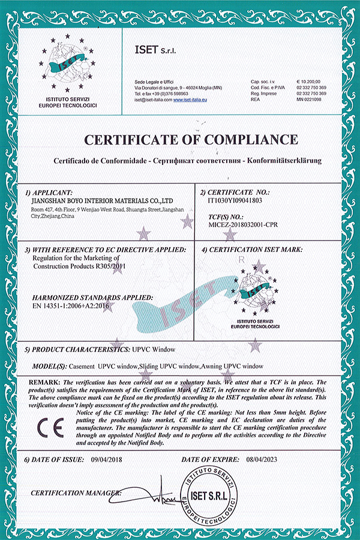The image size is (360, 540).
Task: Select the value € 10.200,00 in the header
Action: [308, 81]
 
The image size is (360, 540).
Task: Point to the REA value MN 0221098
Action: [308, 100]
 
